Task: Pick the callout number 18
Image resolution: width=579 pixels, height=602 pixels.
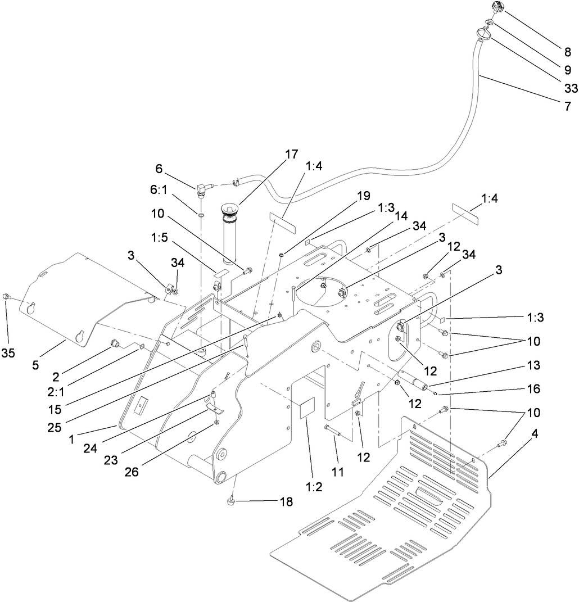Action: (x=286, y=502)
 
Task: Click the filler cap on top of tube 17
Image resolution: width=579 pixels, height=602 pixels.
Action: (x=230, y=210)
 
